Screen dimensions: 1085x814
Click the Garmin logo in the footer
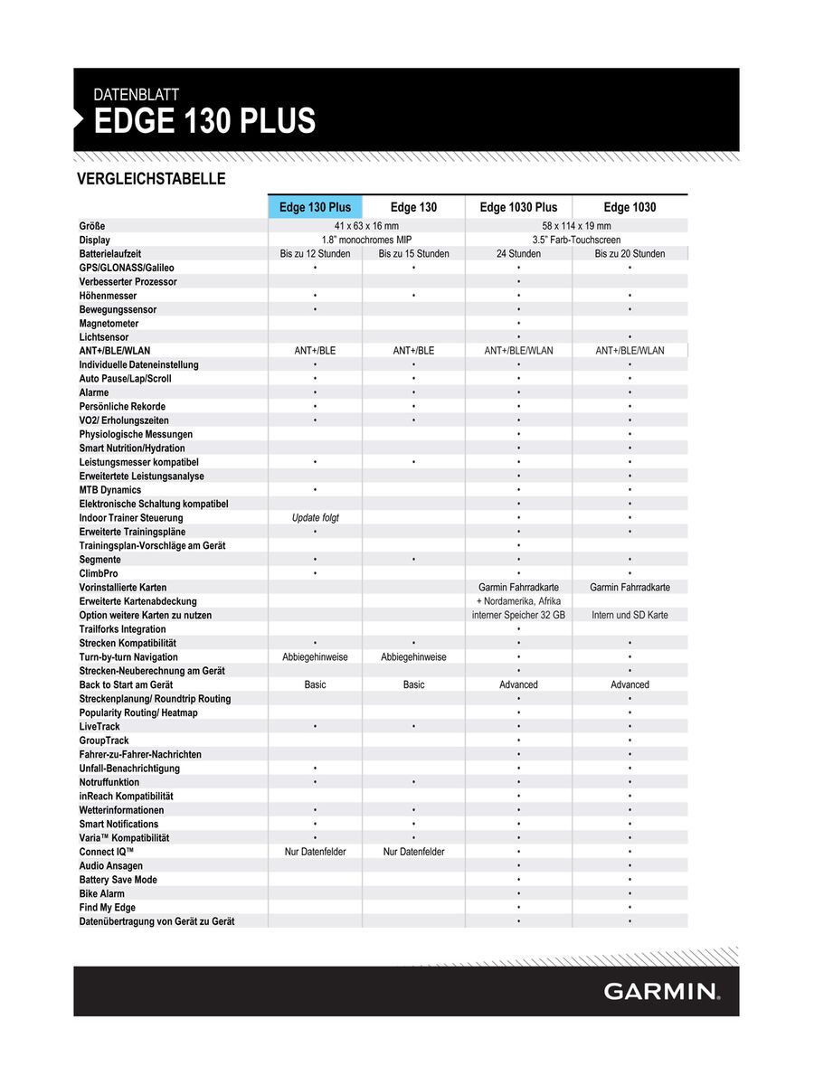pyautogui.click(x=662, y=991)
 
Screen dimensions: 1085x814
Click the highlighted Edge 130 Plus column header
pyautogui.click(x=315, y=207)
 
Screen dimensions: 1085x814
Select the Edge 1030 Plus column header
pyautogui.click(x=518, y=207)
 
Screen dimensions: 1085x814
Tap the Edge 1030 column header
pyautogui.click(x=629, y=207)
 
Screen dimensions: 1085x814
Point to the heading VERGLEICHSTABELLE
pyautogui.click(x=152, y=179)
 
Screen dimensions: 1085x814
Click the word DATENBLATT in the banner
pyautogui.click(x=137, y=94)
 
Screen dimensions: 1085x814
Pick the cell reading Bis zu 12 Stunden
pyautogui.click(x=315, y=254)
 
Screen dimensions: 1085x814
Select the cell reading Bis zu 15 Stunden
pyautogui.click(x=413, y=254)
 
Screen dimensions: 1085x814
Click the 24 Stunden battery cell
pyautogui.click(x=518, y=254)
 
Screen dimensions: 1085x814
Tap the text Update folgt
pyautogui.click(x=315, y=518)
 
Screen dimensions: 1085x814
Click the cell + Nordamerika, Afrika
pyautogui.click(x=518, y=601)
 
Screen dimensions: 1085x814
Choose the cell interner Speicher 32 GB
pyautogui.click(x=518, y=615)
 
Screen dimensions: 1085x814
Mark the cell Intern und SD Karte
pyautogui.click(x=629, y=615)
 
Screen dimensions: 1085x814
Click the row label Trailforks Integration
pyautogui.click(x=123, y=629)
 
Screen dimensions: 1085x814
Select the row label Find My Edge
pyautogui.click(x=108, y=908)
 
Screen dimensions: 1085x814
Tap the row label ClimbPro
pyautogui.click(x=99, y=573)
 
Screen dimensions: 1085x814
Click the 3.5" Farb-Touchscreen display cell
pyautogui.click(x=576, y=240)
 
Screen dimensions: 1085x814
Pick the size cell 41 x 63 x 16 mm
pyautogui.click(x=366, y=226)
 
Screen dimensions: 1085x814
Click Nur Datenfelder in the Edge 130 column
pyautogui.click(x=413, y=852)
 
